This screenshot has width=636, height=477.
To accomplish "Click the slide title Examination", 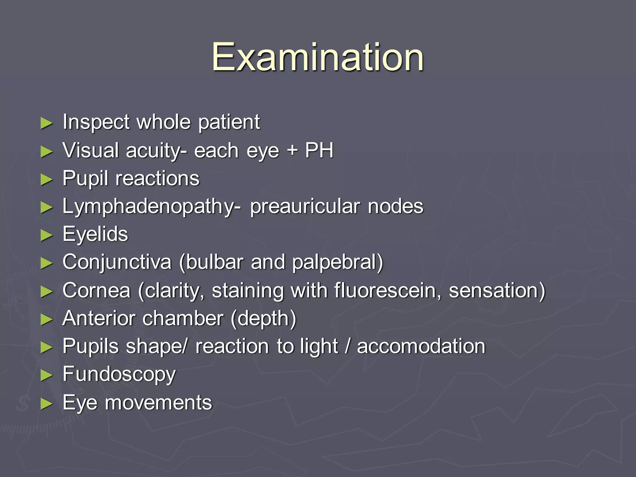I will (x=318, y=57).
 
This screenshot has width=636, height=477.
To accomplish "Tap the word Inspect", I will (x=96, y=122).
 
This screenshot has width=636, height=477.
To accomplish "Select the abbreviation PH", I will (x=319, y=150).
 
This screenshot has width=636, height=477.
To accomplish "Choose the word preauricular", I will (x=305, y=206).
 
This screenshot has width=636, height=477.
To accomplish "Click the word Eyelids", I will (x=95, y=234).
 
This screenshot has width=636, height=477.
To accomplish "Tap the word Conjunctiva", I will (x=117, y=262).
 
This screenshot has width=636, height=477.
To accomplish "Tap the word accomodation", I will (x=421, y=346).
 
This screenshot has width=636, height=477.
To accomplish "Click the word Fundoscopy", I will (x=119, y=375).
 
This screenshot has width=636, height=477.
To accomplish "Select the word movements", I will (x=158, y=402).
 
